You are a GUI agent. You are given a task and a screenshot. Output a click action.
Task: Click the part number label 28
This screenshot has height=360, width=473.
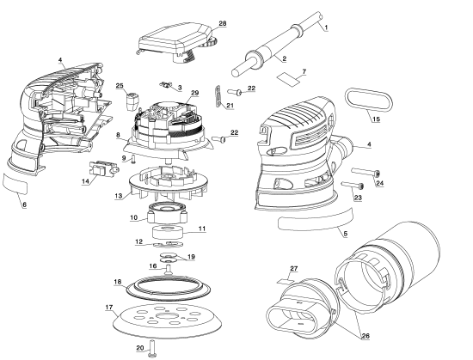[x=223, y=23]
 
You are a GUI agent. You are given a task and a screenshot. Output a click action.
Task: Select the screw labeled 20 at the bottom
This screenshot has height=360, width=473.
[x=152, y=349]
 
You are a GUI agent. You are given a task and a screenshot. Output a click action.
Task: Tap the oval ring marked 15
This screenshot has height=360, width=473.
[x=369, y=100]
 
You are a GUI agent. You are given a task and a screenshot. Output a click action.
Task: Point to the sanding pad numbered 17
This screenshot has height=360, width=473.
[x=169, y=319]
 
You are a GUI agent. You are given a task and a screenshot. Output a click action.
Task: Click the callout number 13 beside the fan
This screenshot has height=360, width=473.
[x=119, y=196]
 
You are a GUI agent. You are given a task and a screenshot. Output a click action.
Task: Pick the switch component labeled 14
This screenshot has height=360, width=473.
[x=102, y=168]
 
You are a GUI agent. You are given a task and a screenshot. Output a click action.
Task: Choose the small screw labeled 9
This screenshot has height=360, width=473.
[x=133, y=159]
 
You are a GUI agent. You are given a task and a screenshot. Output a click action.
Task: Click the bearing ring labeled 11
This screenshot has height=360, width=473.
[x=168, y=234]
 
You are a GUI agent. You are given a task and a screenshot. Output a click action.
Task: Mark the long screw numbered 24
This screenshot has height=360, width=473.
[x=365, y=173]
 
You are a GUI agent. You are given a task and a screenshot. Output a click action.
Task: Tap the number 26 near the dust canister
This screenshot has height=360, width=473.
[x=365, y=336]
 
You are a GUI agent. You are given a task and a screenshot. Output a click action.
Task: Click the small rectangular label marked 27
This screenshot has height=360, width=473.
[x=285, y=281]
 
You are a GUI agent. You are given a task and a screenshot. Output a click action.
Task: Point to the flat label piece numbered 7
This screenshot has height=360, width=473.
[x=289, y=79]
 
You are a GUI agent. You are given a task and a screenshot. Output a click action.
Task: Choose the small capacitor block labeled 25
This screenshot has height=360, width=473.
[x=132, y=102]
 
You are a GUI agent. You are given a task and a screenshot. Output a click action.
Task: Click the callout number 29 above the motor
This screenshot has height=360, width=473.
[x=194, y=93]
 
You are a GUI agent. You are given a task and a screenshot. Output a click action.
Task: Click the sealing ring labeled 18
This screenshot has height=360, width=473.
[x=168, y=288]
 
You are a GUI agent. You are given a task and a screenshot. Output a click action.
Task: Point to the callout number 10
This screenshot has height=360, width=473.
[x=133, y=217]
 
